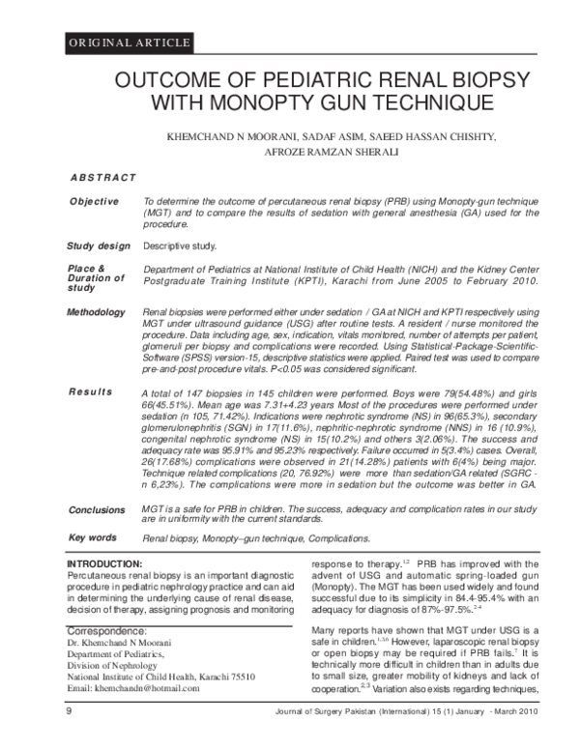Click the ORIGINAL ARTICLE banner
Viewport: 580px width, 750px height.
click(x=129, y=43)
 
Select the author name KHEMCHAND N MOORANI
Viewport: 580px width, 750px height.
click(x=232, y=137)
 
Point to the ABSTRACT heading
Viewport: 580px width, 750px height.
click(x=103, y=179)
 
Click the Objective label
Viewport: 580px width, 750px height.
click(x=93, y=201)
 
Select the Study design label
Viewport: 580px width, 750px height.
click(x=98, y=245)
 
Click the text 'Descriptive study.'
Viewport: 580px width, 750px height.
click(x=180, y=246)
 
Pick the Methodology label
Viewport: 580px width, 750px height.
click(x=96, y=312)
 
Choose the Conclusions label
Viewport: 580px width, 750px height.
click(x=97, y=509)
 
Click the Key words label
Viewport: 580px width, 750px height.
click(x=92, y=536)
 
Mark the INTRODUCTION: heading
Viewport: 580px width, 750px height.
click(x=104, y=562)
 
